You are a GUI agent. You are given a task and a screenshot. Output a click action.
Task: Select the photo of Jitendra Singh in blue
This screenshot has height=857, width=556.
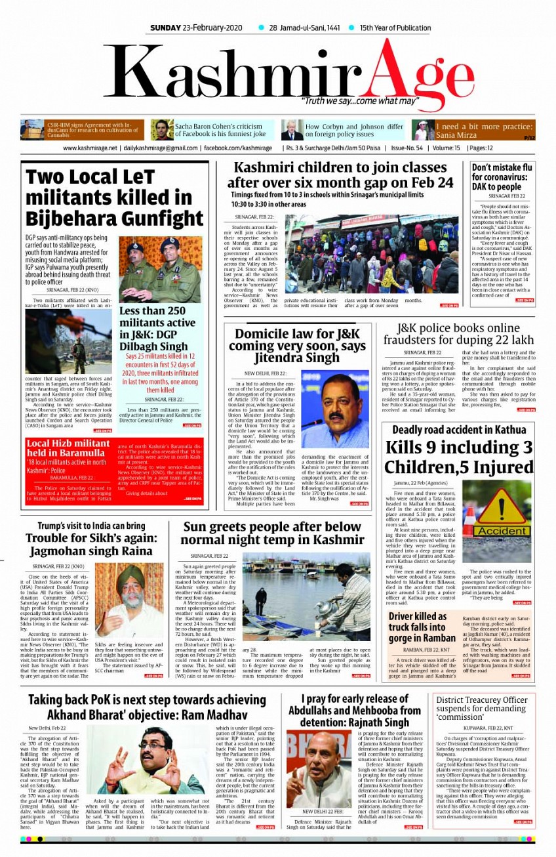tap(335, 408)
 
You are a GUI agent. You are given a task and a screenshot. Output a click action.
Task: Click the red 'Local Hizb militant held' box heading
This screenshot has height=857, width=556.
tap(68, 448)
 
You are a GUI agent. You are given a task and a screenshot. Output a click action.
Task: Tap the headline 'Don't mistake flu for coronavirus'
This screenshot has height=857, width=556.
tap(502, 177)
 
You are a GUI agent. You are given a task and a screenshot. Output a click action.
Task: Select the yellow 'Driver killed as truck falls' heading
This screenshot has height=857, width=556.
tap(422, 627)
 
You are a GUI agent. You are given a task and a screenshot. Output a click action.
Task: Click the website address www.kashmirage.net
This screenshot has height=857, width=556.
tap(90, 148)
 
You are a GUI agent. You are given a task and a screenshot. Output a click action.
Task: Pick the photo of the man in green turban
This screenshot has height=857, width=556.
tap(120, 600)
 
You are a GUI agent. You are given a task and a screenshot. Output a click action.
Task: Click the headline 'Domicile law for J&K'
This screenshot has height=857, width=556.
tap(298, 345)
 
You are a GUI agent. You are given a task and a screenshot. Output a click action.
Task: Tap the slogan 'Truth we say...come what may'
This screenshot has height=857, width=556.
tap(359, 101)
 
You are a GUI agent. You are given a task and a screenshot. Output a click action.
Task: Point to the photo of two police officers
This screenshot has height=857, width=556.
tap(161, 269)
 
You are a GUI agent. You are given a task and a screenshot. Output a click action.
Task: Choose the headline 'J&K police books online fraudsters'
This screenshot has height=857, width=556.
tap(458, 333)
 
